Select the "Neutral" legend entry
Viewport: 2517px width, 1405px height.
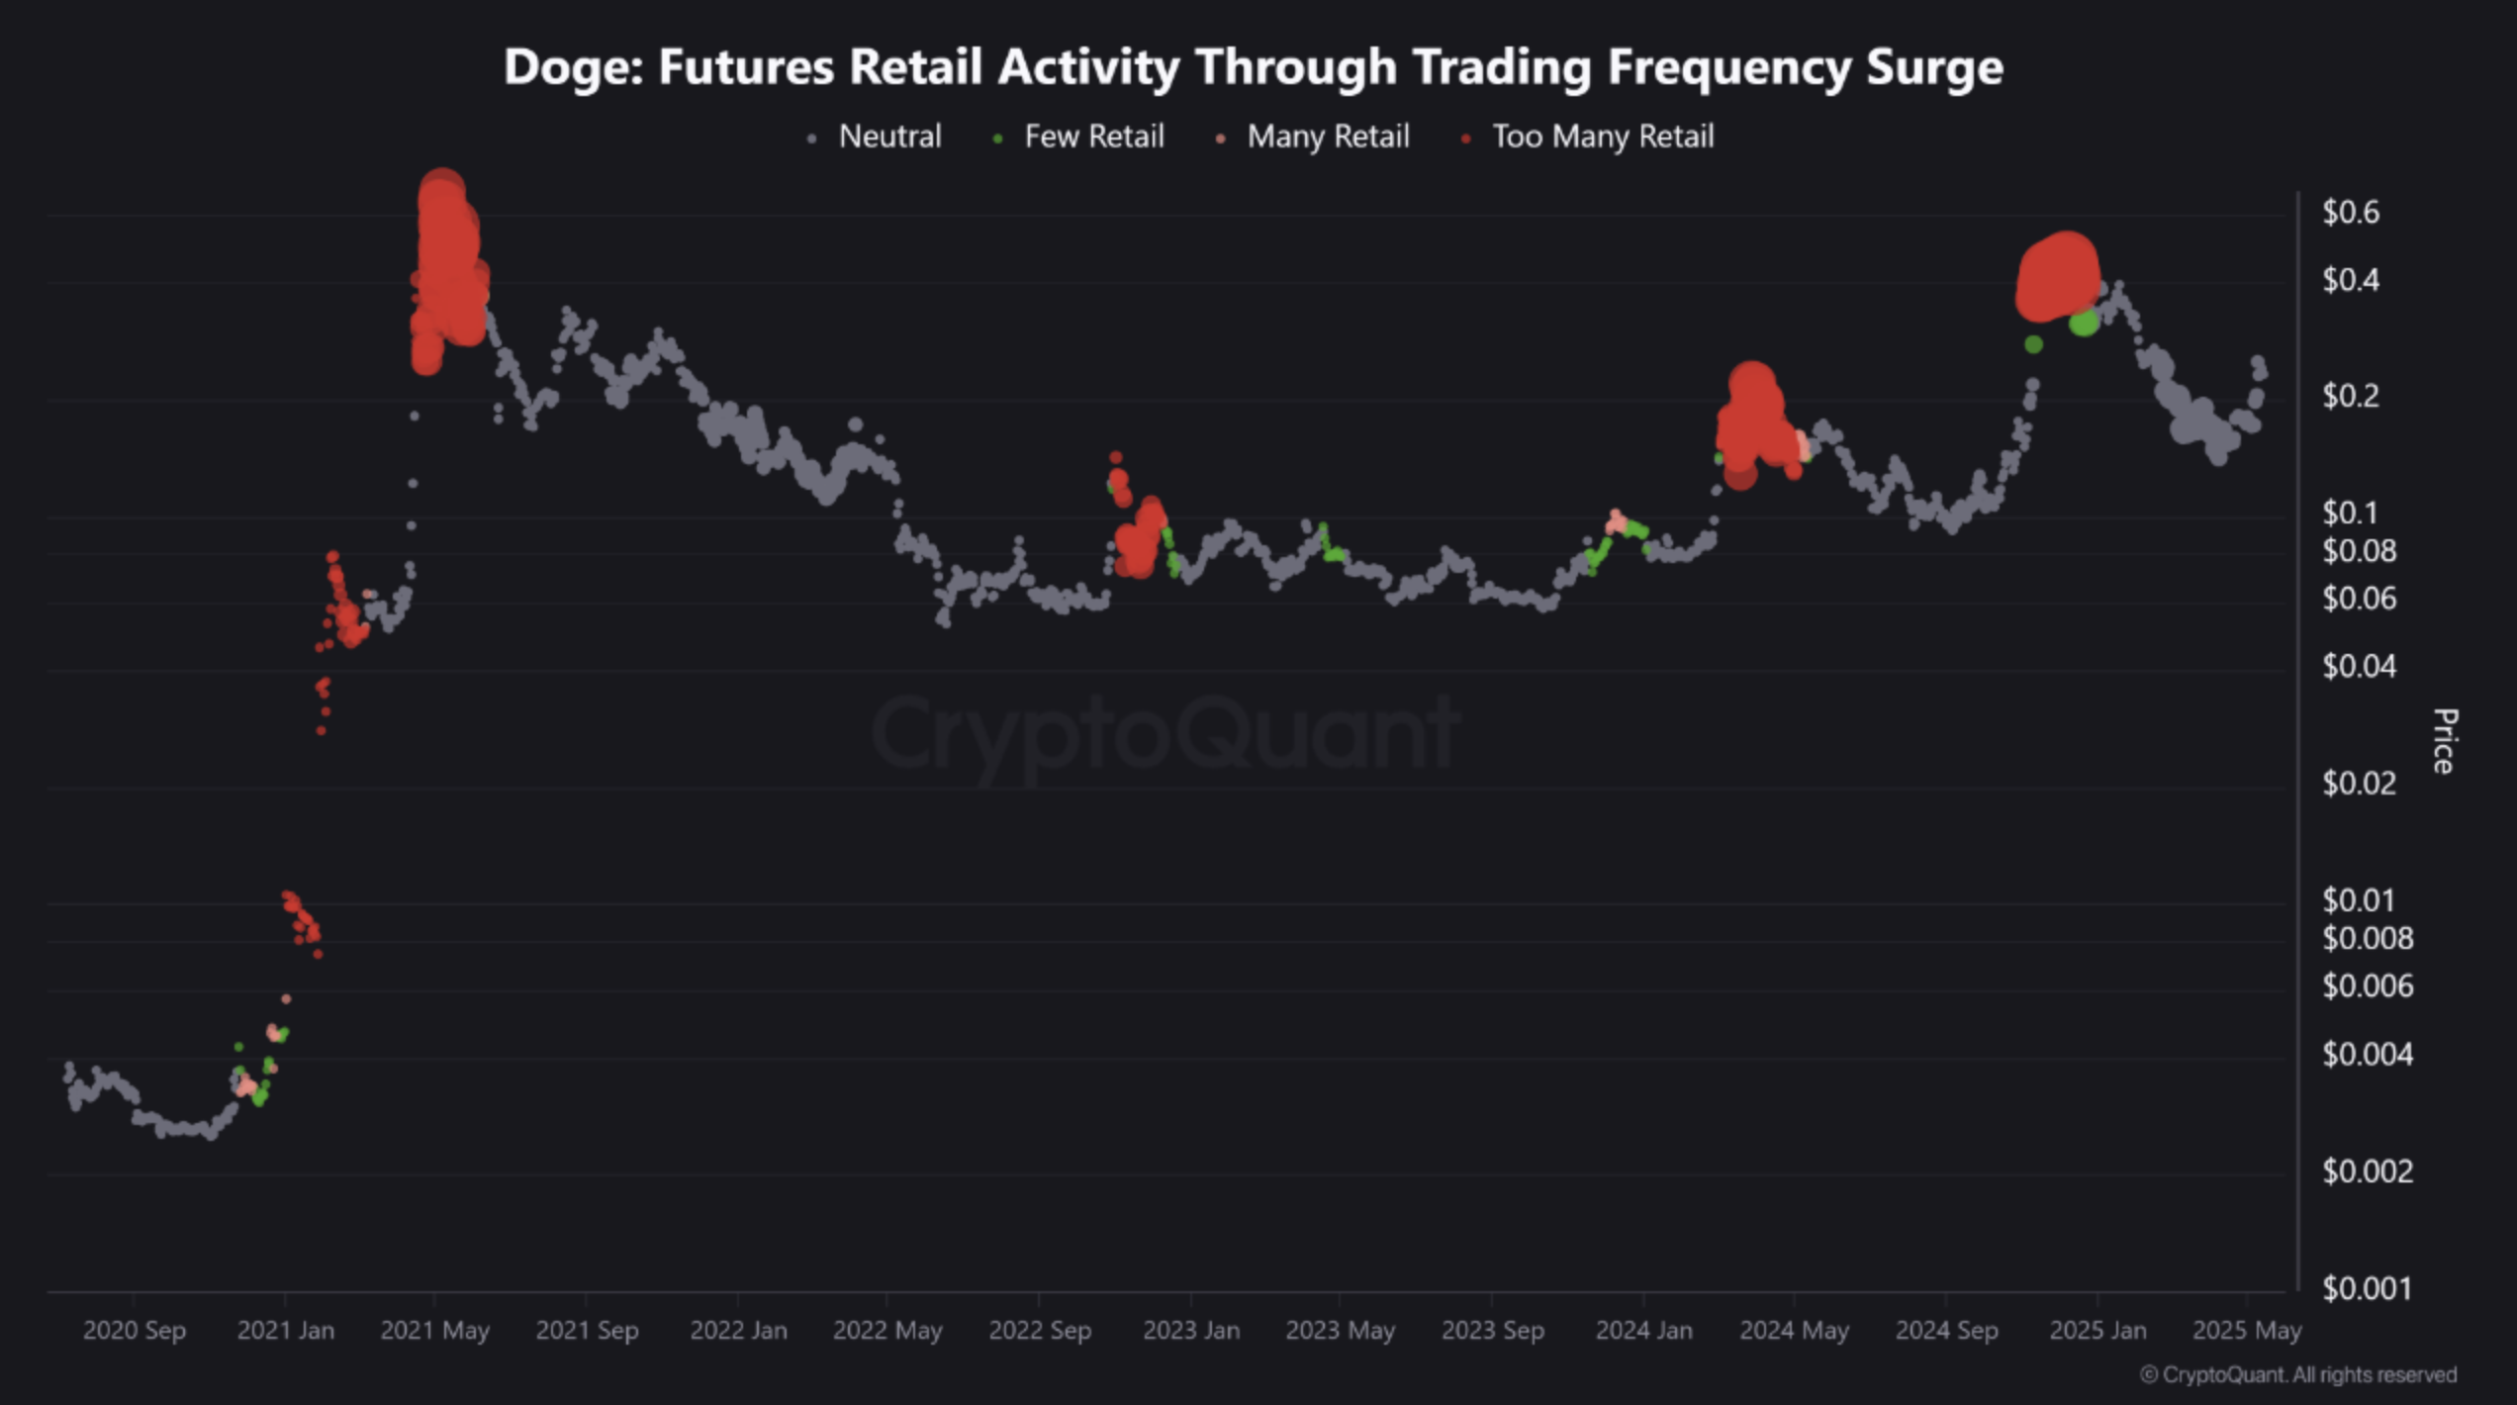click(x=888, y=137)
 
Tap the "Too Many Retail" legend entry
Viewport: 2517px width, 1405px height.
click(x=1602, y=137)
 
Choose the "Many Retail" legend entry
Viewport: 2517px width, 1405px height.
click(x=1327, y=137)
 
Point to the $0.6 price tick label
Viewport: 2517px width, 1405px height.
click(x=2351, y=212)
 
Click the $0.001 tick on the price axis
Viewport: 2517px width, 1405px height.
click(x=2367, y=1288)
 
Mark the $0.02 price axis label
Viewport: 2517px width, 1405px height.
click(x=2359, y=784)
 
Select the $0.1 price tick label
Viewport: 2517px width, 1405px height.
click(x=2350, y=513)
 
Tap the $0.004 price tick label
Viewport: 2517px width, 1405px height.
click(x=2367, y=1055)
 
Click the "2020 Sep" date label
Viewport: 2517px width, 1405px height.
click(x=135, y=1331)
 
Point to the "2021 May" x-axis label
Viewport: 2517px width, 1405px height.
click(x=435, y=1331)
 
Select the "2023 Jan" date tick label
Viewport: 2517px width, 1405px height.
click(x=1191, y=1331)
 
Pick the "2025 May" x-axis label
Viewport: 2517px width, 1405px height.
click(x=2247, y=1331)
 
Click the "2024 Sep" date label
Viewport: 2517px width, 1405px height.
click(x=1946, y=1331)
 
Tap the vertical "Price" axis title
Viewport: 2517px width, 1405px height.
click(x=2444, y=741)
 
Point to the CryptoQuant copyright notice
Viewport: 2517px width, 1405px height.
click(x=2297, y=1375)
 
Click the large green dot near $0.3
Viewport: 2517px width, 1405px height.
click(x=2083, y=323)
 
